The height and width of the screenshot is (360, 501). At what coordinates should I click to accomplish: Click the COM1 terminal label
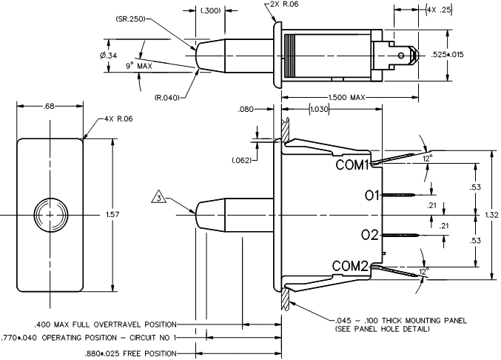tap(351, 165)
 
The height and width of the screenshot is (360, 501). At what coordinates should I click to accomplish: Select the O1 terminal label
tap(371, 196)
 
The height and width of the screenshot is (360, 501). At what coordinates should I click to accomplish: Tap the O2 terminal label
tap(370, 235)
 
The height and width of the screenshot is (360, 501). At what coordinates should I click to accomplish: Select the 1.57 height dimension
tap(112, 214)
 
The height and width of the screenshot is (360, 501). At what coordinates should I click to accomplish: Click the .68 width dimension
tap(50, 107)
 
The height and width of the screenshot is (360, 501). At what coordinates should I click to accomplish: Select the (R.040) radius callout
tap(169, 97)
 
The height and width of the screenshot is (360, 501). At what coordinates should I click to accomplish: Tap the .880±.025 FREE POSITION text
tap(132, 354)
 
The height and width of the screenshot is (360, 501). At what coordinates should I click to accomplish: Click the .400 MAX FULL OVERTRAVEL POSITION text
tap(104, 324)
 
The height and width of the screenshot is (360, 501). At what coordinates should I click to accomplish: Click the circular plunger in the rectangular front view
tap(50, 213)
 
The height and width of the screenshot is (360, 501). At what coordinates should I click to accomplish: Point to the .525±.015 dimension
tap(469, 56)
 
